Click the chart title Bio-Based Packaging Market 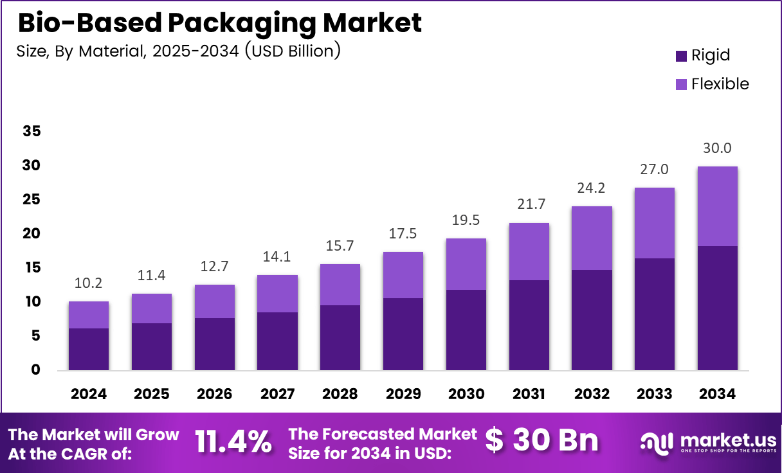(x=219, y=22)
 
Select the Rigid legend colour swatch (x=681, y=56)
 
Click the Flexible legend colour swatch (x=681, y=84)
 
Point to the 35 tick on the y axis (x=32, y=132)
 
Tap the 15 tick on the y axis (x=32, y=268)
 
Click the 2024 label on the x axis (x=89, y=394)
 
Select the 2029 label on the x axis (x=403, y=394)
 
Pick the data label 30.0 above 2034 (x=717, y=148)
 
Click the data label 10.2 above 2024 (x=89, y=283)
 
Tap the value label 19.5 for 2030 (x=466, y=220)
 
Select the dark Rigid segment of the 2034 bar (x=717, y=308)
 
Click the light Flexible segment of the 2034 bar (x=717, y=206)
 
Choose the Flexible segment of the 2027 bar (x=277, y=294)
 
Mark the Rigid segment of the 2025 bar (x=152, y=346)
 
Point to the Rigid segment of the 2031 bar (x=529, y=325)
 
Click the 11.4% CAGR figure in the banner (x=233, y=442)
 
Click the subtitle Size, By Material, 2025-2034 (x=178, y=51)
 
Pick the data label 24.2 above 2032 (x=591, y=188)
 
